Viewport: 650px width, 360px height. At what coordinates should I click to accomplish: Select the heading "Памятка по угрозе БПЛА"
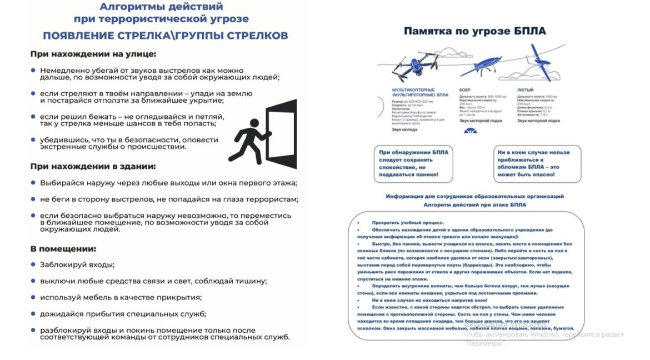(474, 31)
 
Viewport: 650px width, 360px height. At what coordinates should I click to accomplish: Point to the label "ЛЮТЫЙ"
(526, 89)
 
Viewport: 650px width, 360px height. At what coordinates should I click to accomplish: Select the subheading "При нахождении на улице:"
(93, 54)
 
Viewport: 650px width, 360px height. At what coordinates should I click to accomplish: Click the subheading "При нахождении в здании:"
(93, 166)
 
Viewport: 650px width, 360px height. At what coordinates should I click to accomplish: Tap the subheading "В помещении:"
(63, 248)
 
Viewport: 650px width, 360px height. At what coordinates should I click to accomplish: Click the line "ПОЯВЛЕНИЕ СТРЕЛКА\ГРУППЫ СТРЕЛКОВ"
(166, 36)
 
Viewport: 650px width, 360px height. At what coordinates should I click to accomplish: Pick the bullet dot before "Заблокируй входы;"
(33, 264)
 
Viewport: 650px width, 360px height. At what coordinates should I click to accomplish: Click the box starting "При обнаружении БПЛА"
(409, 163)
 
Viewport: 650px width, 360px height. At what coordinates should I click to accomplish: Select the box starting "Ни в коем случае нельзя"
(537, 163)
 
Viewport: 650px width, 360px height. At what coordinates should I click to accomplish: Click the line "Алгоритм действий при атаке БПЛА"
(474, 204)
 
